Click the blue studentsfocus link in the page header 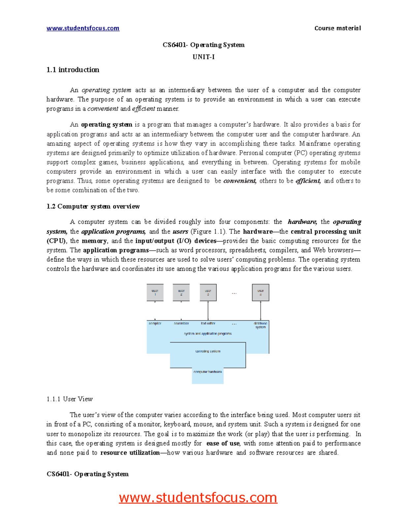(83, 28)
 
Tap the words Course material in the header (337, 28)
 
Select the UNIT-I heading (204, 57)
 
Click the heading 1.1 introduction (73, 70)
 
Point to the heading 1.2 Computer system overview (93, 206)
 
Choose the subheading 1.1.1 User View (70, 399)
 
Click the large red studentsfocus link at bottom (198, 497)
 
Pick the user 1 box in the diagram (155, 292)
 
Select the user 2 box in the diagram (181, 292)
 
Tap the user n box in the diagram (260, 292)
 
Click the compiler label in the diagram (155, 323)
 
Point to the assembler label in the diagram (181, 323)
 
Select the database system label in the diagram (260, 325)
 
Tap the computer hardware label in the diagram (208, 372)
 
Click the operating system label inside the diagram (208, 351)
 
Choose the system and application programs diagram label (208, 334)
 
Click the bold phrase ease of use (223, 443)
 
